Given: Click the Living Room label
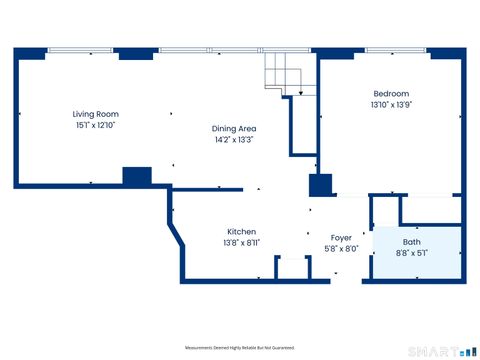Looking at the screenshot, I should point(88,115).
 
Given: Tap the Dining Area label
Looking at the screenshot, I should point(234,128).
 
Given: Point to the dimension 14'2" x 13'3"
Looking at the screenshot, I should point(234,141).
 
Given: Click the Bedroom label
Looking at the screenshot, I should point(390,93).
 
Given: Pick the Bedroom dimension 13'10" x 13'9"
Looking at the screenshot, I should point(390,105).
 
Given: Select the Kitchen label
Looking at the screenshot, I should point(241,231).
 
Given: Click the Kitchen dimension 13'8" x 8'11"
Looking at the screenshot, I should point(241,243).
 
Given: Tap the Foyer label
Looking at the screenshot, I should point(341,237).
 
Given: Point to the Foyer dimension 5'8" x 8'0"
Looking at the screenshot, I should point(341,249).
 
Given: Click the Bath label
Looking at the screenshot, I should point(412,242).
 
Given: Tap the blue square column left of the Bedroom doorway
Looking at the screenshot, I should point(320,185).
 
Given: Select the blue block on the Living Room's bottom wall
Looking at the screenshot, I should point(136,177).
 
